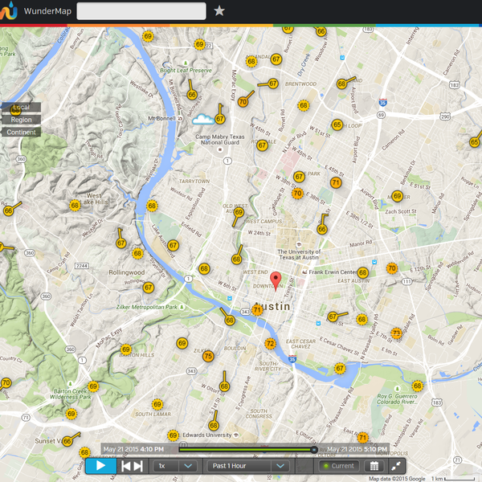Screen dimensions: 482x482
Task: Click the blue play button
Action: [101, 465]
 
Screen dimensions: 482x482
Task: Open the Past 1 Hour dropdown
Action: [248, 466]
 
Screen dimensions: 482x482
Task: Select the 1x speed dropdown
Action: [174, 466]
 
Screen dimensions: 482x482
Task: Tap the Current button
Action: [338, 466]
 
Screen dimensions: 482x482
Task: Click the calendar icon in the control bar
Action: [374, 466]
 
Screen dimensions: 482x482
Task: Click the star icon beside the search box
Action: [219, 10]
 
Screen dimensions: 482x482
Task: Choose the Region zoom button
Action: [21, 120]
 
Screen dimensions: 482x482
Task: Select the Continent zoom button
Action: [21, 133]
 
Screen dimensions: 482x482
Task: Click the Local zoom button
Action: [21, 108]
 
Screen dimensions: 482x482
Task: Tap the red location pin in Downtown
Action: [276, 280]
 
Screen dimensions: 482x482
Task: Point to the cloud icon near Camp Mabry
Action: [202, 120]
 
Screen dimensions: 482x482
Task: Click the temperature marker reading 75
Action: [208, 356]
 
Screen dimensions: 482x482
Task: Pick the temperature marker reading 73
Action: [396, 333]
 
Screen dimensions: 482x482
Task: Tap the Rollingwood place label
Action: [126, 272]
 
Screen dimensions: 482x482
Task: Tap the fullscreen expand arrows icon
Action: [397, 466]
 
